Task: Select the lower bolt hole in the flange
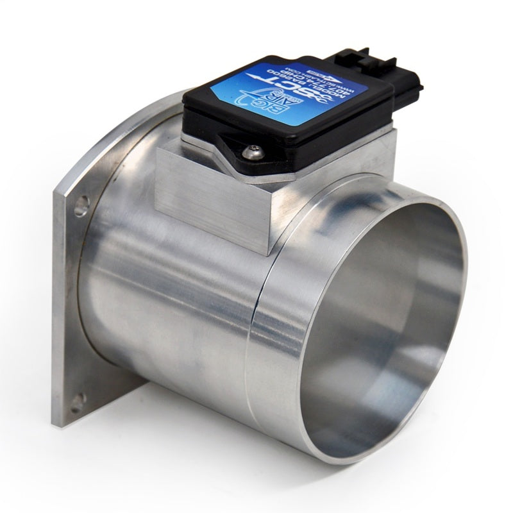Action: click(x=77, y=401)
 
